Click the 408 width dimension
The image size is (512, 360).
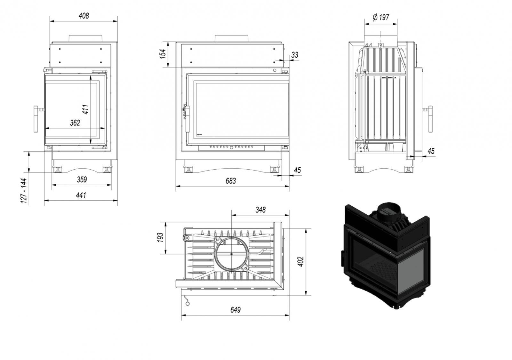pos(84,15)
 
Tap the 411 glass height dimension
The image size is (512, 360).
pos(85,109)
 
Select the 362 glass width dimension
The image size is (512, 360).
pos(75,123)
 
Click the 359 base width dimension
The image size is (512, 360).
pos(82,180)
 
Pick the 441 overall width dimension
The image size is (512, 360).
pos(81,195)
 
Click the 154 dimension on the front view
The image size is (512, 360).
pos(163,54)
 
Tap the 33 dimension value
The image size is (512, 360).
pos(294,55)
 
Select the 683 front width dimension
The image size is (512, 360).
pos(230,181)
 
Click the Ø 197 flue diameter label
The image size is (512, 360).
pos(381,17)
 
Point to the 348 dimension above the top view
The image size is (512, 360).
pos(260,210)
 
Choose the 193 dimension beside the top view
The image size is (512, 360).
pos(161,237)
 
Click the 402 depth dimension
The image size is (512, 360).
pos(300,261)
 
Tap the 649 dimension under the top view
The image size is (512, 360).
pos(235,310)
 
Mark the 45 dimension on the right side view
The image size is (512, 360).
pos(431,151)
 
